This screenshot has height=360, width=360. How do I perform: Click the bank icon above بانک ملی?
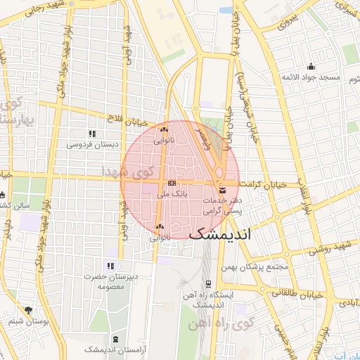173,184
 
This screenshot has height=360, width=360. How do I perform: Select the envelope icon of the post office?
223,191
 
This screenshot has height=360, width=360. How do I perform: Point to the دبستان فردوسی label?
89,144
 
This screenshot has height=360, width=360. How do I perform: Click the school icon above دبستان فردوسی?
91,134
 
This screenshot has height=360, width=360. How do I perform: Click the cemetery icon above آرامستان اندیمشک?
115,338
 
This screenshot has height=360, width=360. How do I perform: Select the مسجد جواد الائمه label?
311,77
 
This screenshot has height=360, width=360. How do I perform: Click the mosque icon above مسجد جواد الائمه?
311,66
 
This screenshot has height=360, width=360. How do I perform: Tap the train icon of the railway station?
209,283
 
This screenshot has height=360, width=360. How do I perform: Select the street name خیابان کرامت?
262,184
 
